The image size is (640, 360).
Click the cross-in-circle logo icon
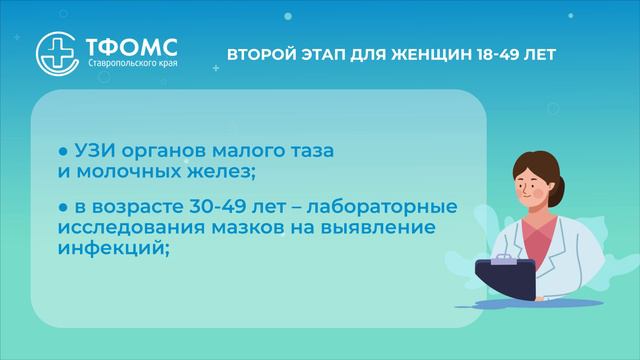click(54, 48)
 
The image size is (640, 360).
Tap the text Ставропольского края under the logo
click(124, 64)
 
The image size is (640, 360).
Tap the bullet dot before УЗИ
click(62, 151)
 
